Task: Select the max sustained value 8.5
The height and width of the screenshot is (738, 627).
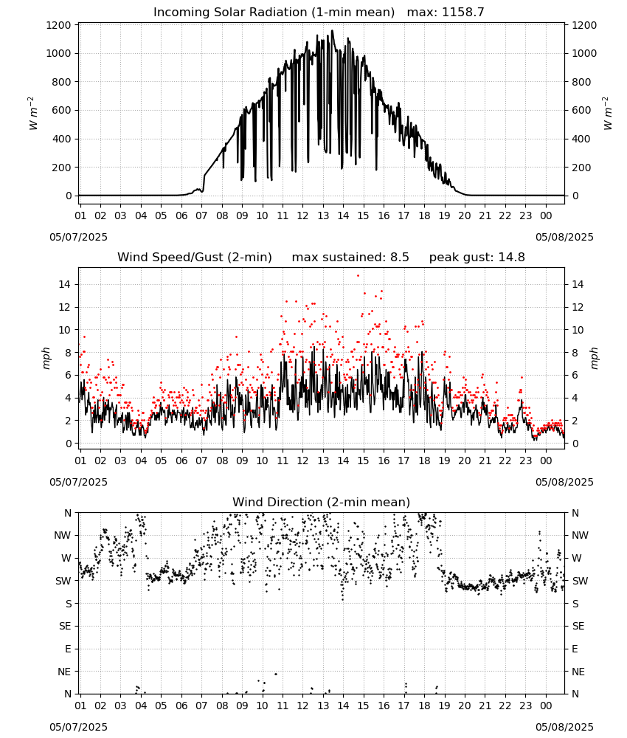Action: [x=399, y=258]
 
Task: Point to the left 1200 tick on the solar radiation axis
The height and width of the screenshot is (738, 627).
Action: [x=58, y=25]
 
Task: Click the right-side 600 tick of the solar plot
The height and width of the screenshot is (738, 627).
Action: [x=581, y=110]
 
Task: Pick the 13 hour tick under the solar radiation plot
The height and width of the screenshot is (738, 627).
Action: [x=323, y=215]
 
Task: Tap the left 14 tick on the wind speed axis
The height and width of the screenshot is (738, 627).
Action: [x=64, y=284]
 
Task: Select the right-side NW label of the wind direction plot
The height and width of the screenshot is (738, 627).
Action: [x=580, y=535]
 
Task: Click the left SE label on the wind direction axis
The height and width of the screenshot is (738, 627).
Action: [x=65, y=626]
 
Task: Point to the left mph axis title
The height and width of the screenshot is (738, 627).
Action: [x=46, y=358]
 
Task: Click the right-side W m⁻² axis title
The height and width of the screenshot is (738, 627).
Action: [x=607, y=113]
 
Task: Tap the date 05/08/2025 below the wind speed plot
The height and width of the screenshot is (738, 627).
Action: [x=564, y=482]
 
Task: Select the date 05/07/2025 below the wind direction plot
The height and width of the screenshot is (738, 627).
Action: [x=78, y=727]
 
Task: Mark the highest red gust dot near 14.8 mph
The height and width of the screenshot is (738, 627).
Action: [x=358, y=275]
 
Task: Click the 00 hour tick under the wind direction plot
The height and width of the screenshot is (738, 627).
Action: [x=546, y=706]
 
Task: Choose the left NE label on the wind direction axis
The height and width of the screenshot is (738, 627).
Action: [x=64, y=672]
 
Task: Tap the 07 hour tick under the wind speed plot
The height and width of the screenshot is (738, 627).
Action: [x=201, y=461]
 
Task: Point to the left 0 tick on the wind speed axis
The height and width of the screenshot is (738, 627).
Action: [x=69, y=444]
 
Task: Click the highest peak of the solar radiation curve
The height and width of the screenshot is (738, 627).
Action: [x=333, y=30]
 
